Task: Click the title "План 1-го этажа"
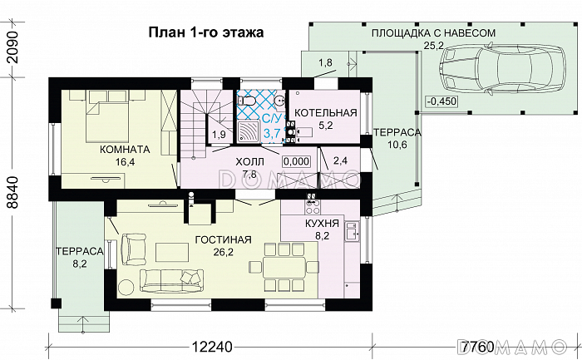205,33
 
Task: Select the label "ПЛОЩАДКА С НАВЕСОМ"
435,33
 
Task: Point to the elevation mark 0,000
296,161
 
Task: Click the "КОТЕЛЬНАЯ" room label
326,112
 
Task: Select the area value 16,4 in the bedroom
125,163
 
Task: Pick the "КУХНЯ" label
322,224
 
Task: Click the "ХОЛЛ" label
249,161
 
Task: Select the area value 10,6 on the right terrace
396,145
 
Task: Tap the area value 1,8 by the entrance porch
325,62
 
